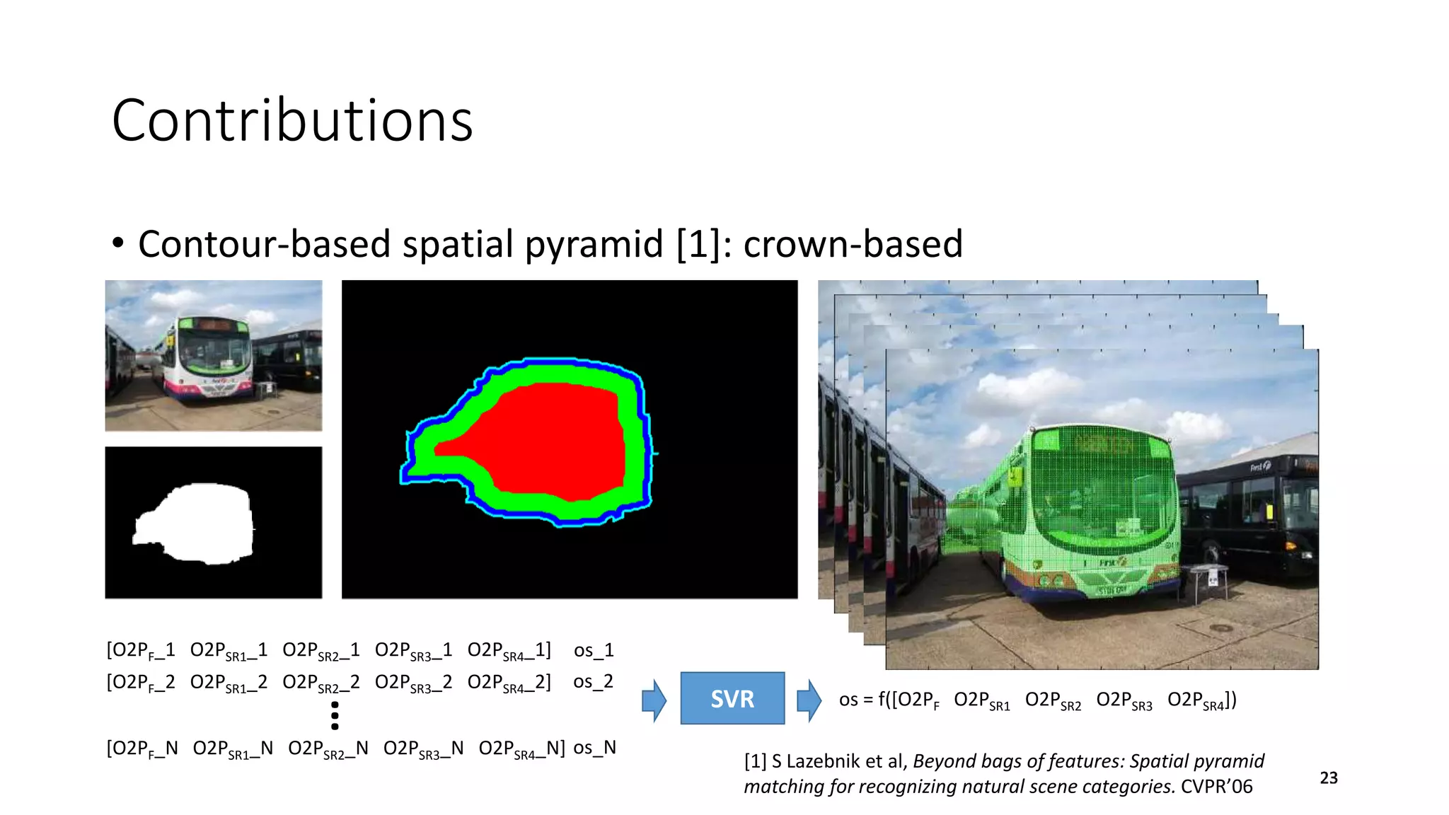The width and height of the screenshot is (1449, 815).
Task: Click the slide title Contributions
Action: tap(291, 120)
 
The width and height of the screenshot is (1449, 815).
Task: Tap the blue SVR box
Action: tap(732, 698)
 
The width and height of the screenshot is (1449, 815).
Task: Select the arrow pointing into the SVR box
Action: tap(654, 700)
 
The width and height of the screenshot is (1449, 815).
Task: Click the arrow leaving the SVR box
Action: tap(809, 700)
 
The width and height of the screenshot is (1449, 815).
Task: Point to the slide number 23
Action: tap(1329, 778)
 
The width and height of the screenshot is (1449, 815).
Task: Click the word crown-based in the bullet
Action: tap(853, 244)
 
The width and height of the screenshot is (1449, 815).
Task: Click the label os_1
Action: tap(594, 650)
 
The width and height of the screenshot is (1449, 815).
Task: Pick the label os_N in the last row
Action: tap(594, 748)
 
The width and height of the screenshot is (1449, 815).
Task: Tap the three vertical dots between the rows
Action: tap(335, 715)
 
